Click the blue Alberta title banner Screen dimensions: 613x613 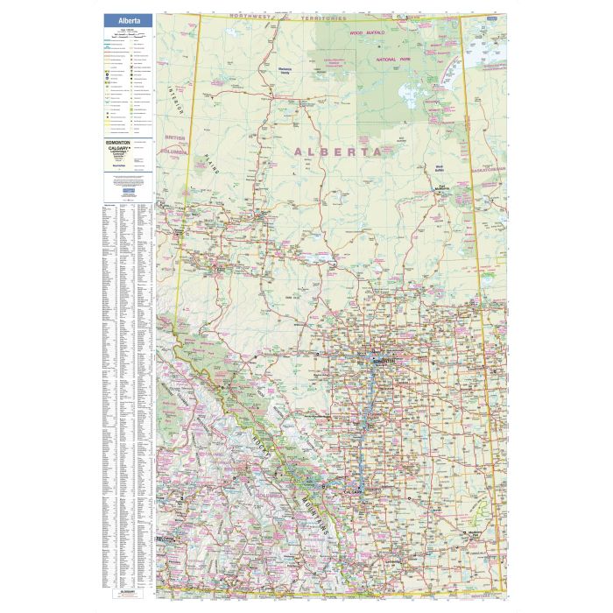(128, 20)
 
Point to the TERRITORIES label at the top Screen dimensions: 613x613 (324, 18)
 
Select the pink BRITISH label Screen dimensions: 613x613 (175, 140)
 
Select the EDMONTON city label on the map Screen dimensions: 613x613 (383, 361)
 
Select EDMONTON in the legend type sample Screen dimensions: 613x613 (117, 142)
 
